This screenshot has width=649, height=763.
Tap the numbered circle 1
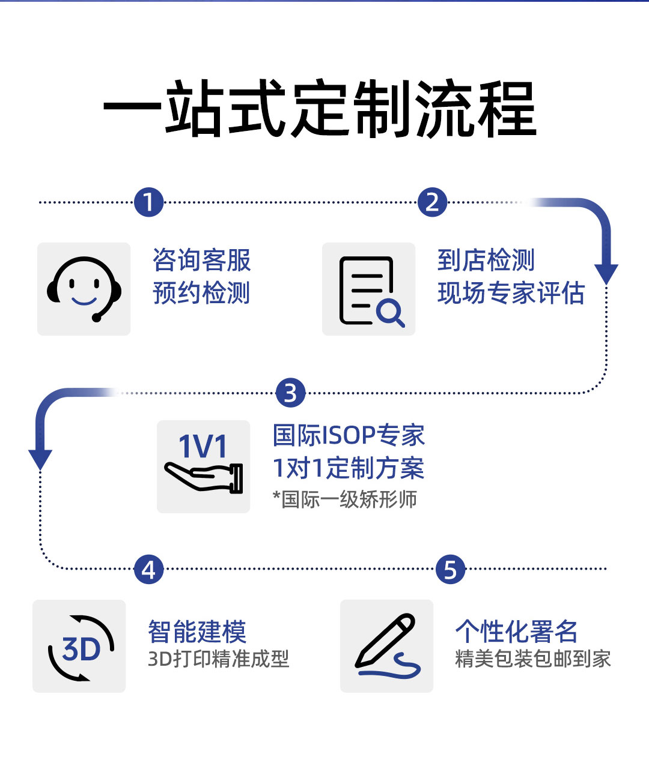(x=149, y=202)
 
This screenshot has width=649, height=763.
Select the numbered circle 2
(x=432, y=202)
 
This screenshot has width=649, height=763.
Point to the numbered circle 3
(x=291, y=393)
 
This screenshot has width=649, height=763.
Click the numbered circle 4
(x=148, y=569)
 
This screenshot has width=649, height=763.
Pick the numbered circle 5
(x=451, y=569)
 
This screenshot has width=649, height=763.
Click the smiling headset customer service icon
(x=84, y=289)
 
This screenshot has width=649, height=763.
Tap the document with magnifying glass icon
(x=369, y=289)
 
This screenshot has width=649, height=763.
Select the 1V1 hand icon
(x=203, y=466)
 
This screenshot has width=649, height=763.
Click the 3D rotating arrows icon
(x=79, y=647)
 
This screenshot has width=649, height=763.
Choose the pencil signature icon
(x=387, y=646)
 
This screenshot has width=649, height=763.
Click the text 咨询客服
(x=201, y=261)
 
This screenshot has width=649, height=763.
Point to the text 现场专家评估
(x=511, y=294)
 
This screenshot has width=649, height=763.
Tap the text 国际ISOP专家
(x=349, y=435)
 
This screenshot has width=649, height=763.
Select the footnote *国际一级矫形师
(x=344, y=499)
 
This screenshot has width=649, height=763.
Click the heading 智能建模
(x=197, y=632)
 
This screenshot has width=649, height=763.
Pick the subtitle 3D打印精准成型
(x=218, y=659)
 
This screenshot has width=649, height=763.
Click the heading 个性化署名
(x=516, y=632)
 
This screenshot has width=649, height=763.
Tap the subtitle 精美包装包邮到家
(x=532, y=659)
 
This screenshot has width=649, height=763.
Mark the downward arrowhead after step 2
(x=606, y=273)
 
